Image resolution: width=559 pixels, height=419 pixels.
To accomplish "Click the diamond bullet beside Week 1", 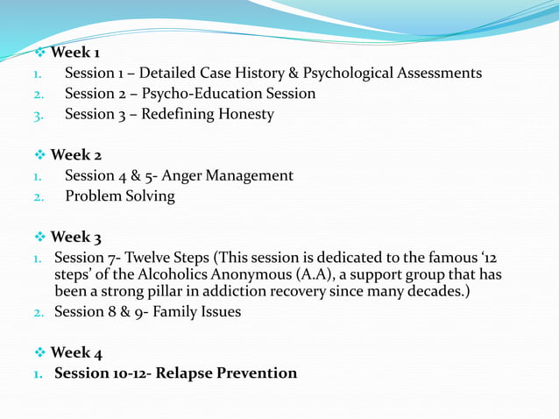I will tap(39, 53).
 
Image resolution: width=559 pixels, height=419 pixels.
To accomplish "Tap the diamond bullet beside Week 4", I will tap(39, 352).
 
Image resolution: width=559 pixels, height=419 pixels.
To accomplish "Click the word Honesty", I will tap(245, 114).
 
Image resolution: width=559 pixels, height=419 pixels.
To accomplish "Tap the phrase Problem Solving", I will tap(120, 196).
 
